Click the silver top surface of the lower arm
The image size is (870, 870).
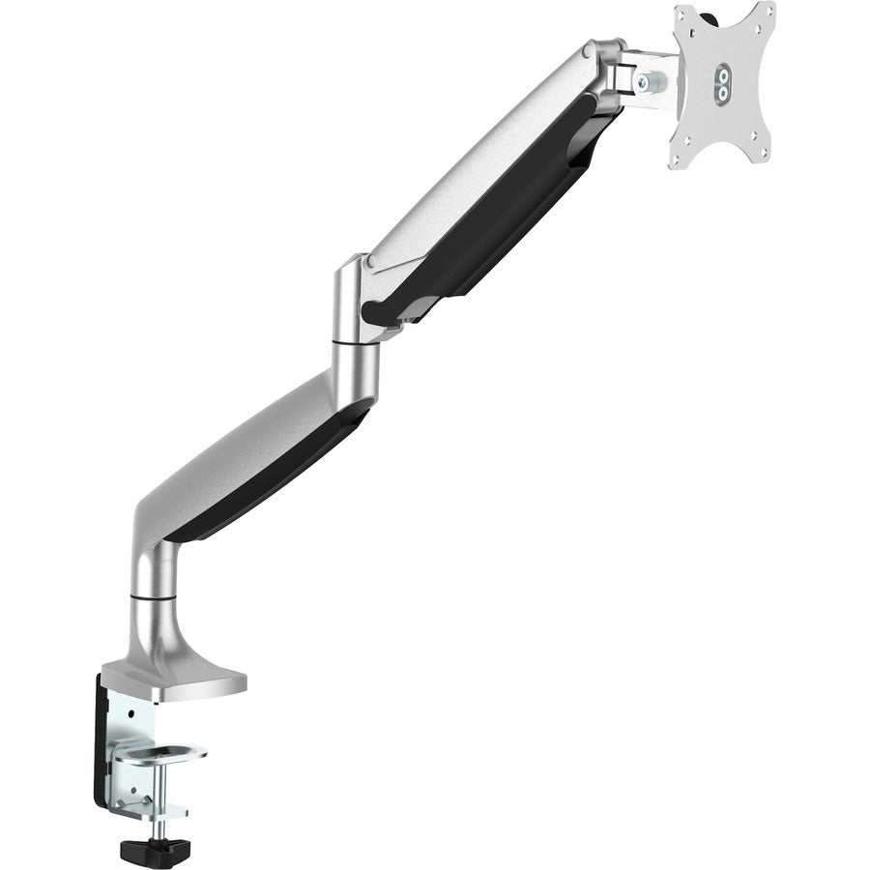pyautogui.click(x=242, y=435)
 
